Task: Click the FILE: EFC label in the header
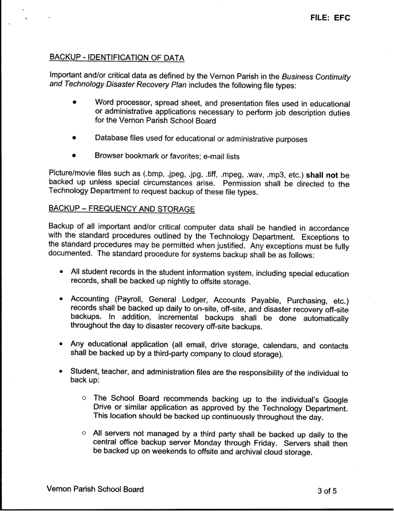pyautogui.click(x=329, y=18)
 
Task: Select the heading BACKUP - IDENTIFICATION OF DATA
pyautogui.click(x=117, y=57)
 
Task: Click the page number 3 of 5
pyautogui.click(x=327, y=490)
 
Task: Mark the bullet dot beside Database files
pyautogui.click(x=73, y=139)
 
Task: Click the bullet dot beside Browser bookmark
pyautogui.click(x=73, y=156)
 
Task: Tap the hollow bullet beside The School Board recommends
pyautogui.click(x=84, y=398)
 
